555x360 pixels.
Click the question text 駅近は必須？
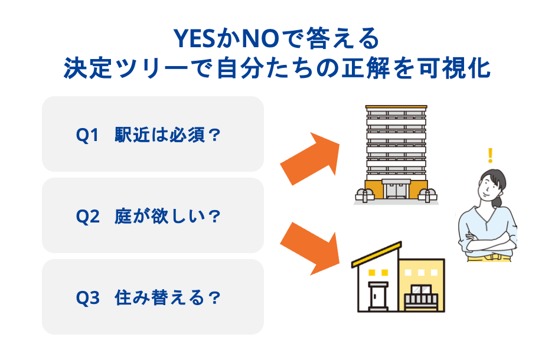[168, 135]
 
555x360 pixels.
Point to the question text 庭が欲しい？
[168, 217]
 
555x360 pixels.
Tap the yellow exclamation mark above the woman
[489, 156]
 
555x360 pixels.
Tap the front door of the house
[376, 295]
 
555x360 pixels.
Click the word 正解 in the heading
[370, 69]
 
